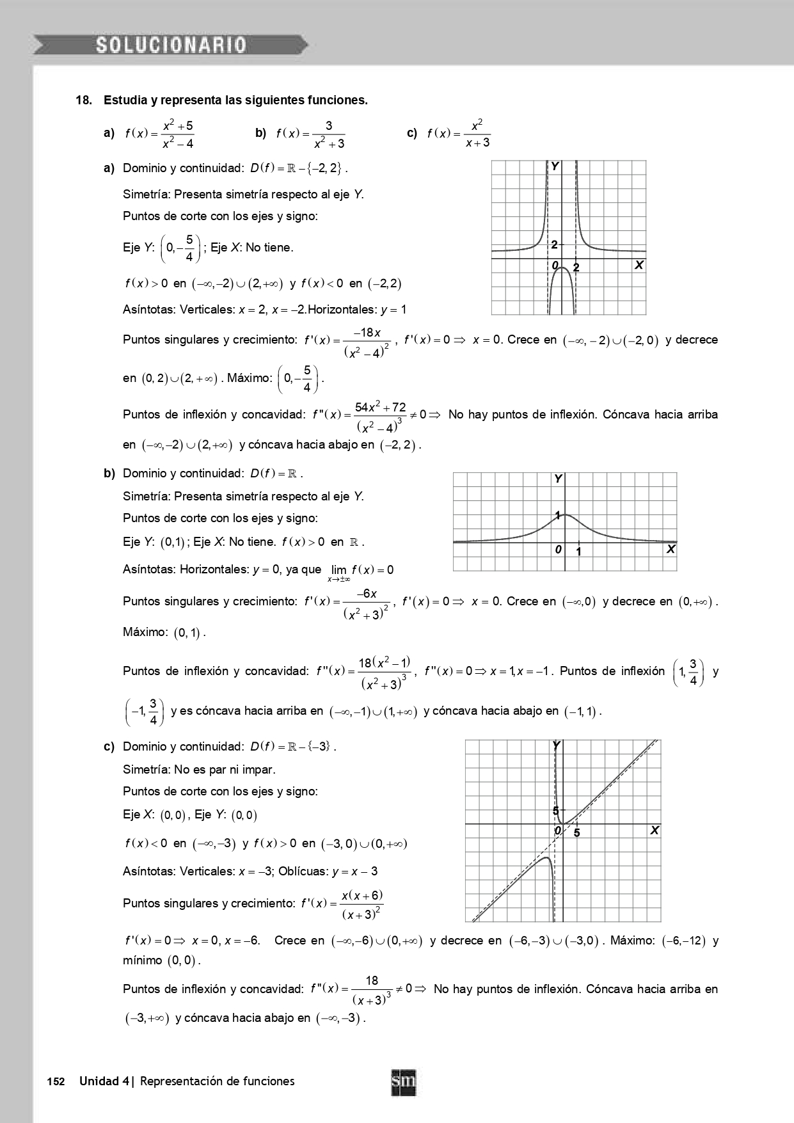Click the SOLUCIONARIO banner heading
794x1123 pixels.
click(x=171, y=45)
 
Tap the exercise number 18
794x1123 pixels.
click(x=83, y=100)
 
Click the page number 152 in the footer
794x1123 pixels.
click(x=56, y=1081)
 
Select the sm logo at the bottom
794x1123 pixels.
click(x=403, y=1083)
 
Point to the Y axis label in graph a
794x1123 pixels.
click(x=555, y=166)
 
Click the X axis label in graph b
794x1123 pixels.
click(x=670, y=549)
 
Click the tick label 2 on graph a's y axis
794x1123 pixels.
click(x=554, y=244)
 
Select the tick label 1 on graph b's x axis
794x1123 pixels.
click(x=578, y=551)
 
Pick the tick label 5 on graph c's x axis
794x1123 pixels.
click(x=576, y=833)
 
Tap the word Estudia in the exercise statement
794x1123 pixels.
click(x=125, y=100)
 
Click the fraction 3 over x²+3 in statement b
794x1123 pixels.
click(x=329, y=134)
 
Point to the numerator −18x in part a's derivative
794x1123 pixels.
click(x=369, y=333)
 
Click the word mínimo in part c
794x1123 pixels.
click(x=143, y=960)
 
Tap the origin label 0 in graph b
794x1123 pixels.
click(x=558, y=550)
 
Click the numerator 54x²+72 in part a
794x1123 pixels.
click(x=380, y=407)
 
